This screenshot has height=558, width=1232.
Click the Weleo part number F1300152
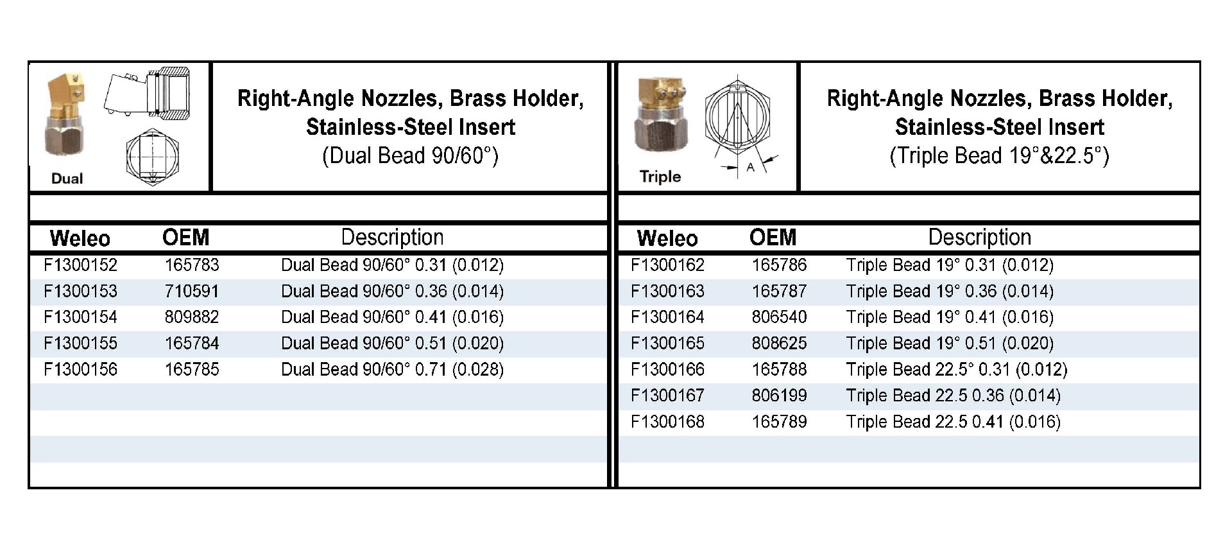pyautogui.click(x=80, y=265)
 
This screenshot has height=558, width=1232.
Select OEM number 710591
pyautogui.click(x=191, y=292)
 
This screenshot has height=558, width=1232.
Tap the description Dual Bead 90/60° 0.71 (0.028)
pyautogui.click(x=392, y=370)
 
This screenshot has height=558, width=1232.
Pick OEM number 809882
pyautogui.click(x=191, y=317)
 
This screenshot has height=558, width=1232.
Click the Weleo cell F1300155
pyautogui.click(x=80, y=344)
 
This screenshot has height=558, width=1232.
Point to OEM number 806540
pyautogui.click(x=779, y=317)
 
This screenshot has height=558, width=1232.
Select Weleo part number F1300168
pyautogui.click(x=667, y=422)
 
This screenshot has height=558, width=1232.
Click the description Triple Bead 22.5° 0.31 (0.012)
pyautogui.click(x=956, y=370)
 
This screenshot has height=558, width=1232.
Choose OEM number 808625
pyautogui.click(x=779, y=344)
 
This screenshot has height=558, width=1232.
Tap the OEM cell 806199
pyautogui.click(x=779, y=396)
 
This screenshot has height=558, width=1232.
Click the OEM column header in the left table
pyautogui.click(x=185, y=238)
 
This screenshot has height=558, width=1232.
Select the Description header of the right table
pyautogui.click(x=979, y=238)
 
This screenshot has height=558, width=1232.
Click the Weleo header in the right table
pyautogui.click(x=667, y=238)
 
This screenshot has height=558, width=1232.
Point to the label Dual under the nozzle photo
pyautogui.click(x=67, y=179)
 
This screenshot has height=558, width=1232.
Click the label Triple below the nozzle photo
pyautogui.click(x=660, y=177)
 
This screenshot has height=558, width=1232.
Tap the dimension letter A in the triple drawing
pyautogui.click(x=750, y=168)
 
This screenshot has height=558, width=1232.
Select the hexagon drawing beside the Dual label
pyautogui.click(x=152, y=157)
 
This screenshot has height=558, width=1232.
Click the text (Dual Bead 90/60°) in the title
pyautogui.click(x=410, y=156)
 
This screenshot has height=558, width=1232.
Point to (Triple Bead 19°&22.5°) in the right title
pyautogui.click(x=999, y=156)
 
